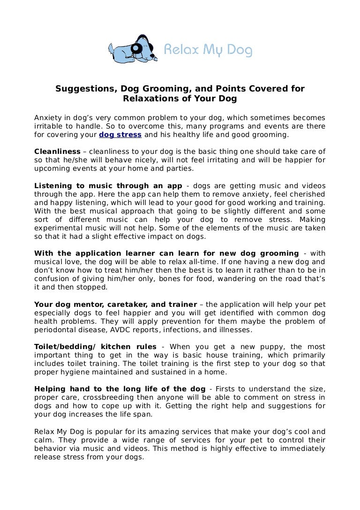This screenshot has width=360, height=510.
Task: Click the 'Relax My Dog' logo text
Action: pos(207,49)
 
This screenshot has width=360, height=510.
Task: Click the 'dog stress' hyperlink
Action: pos(120,135)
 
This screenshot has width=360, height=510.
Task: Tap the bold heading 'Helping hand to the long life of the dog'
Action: pos(120,389)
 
